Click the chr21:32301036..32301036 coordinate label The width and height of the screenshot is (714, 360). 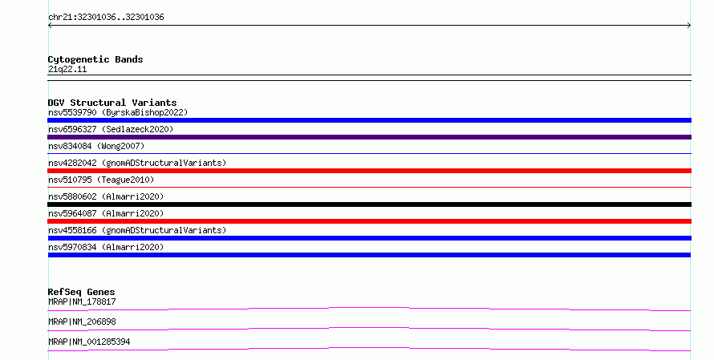pos(106,18)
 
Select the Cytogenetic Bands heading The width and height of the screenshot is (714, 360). pos(95,59)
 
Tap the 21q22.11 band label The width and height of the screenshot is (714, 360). pos(67,69)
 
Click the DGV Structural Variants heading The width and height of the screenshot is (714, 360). pos(112,103)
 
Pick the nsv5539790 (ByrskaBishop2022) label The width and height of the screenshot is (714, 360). pos(118,112)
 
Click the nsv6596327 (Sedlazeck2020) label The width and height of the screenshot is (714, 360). pos(111,129)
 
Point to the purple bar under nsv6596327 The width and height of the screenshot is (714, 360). pos(369,137)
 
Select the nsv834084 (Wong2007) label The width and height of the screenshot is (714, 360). pos(96,146)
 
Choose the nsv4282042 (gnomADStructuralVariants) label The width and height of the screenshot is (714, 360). pos(137,163)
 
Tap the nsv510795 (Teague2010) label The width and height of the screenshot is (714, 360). pos(101,180)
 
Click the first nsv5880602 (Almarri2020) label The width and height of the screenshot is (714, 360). pos(106,196)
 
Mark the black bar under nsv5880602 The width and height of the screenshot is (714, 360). pos(369,204)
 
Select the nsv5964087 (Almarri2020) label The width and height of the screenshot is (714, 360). pos(106,213)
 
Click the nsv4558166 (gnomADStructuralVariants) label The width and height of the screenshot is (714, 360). pos(137,230)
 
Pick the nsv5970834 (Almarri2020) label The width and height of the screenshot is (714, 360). pos(106,247)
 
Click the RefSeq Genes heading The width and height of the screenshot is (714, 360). pos(82,292)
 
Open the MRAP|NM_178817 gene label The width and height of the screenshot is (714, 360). pos(82,301)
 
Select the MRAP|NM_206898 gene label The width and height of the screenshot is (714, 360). pos(82,322)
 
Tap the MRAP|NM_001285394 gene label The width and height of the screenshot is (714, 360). pos(89,342)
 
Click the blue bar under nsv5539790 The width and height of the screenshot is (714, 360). pos(369,120)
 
